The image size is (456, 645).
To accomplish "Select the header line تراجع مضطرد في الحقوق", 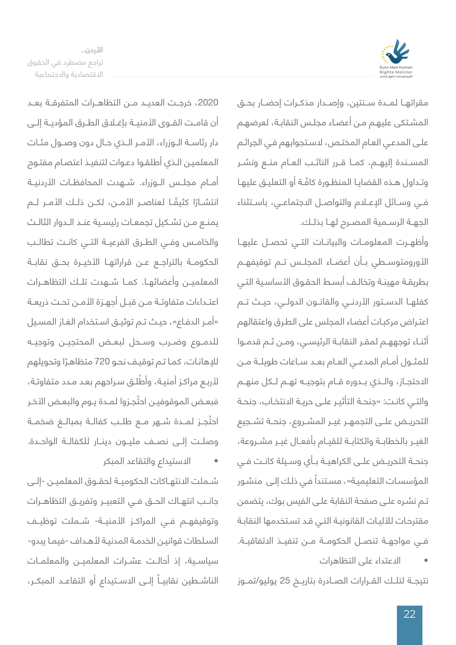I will coord(65,62).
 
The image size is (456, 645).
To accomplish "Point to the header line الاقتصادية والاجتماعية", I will coord(69,74).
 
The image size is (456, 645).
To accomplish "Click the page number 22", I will coord(409,614).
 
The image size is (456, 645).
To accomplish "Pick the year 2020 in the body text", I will coord(208,103).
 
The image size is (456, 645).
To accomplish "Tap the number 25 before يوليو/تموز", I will coord(285,580).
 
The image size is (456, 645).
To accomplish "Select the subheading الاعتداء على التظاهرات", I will coord(360,561).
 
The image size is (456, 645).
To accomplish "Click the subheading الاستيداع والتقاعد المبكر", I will coord(147,461).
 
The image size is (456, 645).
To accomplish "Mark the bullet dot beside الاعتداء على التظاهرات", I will coord(426,560).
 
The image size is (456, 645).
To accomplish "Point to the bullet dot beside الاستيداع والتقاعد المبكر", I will coord(216,461).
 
